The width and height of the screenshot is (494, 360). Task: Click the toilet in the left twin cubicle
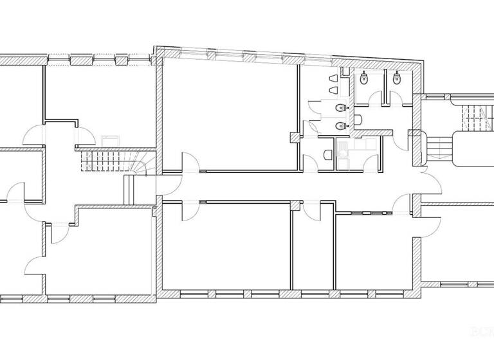364,79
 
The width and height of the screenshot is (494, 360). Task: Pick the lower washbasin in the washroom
340,125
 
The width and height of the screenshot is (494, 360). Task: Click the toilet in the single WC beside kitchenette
328,154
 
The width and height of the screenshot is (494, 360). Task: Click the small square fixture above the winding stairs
108,139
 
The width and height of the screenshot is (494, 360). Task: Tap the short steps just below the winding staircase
127,190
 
